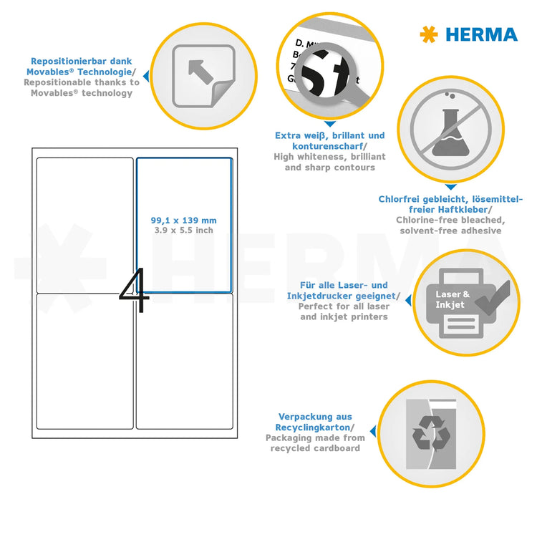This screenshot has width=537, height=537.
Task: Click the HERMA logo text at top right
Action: [481, 34]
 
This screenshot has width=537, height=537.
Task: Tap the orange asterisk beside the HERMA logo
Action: [429, 34]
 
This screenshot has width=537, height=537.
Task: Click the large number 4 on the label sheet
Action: [135, 291]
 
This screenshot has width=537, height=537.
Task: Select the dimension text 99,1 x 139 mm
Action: [184, 221]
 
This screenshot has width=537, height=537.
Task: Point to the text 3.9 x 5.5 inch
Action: [184, 231]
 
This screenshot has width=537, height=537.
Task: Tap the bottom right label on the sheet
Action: [184, 362]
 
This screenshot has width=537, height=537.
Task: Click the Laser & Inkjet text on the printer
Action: [453, 299]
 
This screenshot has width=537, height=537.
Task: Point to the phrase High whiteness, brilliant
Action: [329, 156]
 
